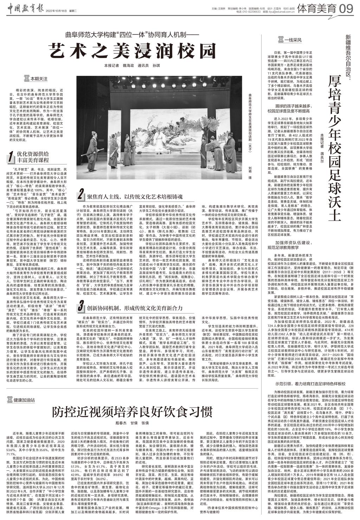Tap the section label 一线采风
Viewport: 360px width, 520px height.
coord(290,40)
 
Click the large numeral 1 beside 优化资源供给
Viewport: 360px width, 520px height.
coord(11,157)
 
